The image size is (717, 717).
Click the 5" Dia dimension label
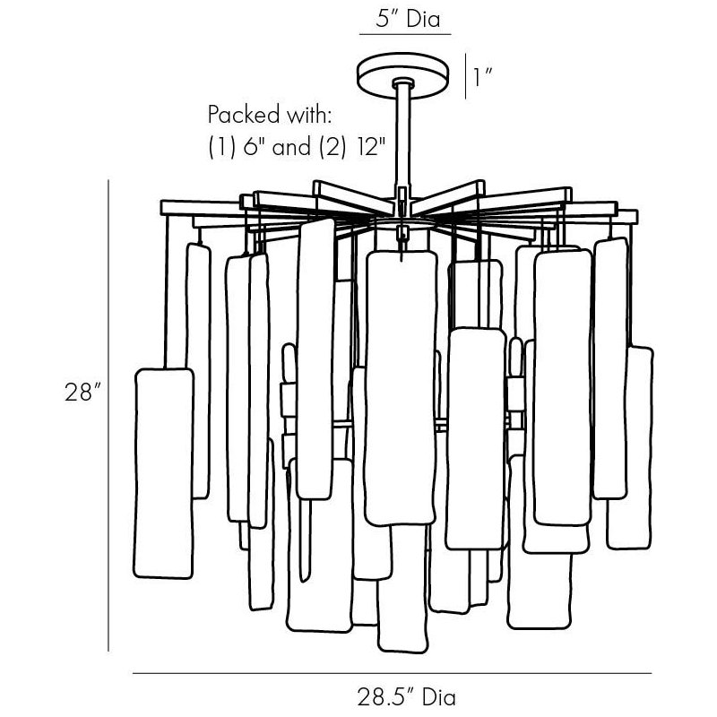coord(408,20)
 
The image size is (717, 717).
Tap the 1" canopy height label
coord(483,77)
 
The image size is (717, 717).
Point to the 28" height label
coord(82,393)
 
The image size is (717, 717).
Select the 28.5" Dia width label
coord(407,697)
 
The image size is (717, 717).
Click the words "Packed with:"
coord(270,115)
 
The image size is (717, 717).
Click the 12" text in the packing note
coord(367,147)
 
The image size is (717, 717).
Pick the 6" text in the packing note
coord(254,147)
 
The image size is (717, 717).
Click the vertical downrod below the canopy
coord(402,137)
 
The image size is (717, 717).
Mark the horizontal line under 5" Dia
coord(405,34)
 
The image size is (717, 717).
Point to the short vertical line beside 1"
coord(465,76)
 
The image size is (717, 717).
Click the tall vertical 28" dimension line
coord(108,415)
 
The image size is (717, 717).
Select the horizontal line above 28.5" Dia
coord(393,673)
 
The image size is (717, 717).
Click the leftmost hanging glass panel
coord(164,473)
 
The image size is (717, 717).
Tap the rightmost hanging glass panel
coord(630,448)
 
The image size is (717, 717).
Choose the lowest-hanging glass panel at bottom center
coord(402,590)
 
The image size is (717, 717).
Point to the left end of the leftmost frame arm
coord(161,207)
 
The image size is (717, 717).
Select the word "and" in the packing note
coord(291,147)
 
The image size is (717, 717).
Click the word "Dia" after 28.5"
coord(439,697)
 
